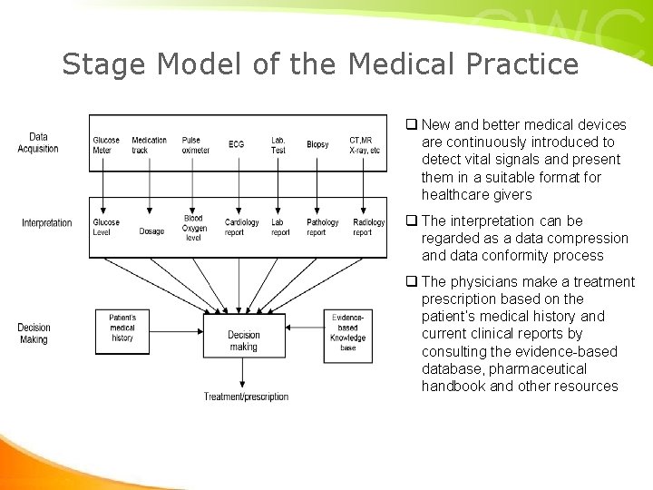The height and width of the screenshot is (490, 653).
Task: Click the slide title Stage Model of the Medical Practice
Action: click(319, 64)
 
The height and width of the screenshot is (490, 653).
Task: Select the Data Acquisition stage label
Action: click(38, 143)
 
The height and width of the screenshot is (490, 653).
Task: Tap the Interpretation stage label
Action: click(47, 223)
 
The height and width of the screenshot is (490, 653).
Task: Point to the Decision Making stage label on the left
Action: click(34, 333)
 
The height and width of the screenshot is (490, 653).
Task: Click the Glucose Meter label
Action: click(106, 145)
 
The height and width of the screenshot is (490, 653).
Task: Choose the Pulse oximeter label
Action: click(195, 145)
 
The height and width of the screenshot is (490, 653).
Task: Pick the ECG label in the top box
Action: click(236, 145)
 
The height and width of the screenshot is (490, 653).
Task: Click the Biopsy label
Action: click(317, 145)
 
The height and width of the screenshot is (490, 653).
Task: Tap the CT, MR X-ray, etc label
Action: click(365, 145)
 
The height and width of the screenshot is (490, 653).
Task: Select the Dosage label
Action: click(151, 231)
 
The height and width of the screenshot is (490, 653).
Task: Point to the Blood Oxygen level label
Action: click(194, 228)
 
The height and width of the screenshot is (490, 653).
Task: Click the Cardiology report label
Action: click(241, 227)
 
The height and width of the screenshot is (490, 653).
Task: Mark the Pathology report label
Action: click(322, 227)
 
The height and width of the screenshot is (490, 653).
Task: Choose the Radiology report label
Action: click(368, 227)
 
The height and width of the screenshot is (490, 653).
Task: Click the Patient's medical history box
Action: click(122, 328)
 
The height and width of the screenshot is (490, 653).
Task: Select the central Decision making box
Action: click(243, 340)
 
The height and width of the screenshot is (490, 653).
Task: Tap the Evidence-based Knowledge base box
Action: click(347, 332)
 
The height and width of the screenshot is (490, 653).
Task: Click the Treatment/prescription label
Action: click(246, 397)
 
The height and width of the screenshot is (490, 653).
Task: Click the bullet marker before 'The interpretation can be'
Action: click(411, 221)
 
